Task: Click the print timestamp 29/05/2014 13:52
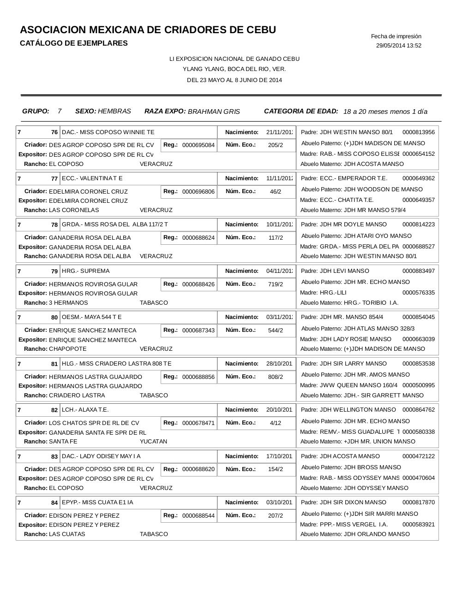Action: [398, 46]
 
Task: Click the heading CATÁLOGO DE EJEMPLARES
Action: [74, 43]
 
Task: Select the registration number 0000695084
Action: [198, 145]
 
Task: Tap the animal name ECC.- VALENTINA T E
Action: [92, 178]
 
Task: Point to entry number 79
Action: [54, 271]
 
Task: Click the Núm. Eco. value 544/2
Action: [276, 330]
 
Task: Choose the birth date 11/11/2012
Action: [279, 178]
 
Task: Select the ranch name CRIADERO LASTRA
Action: [77, 395]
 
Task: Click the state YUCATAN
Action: [153, 442]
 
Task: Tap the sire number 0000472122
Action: [418, 456]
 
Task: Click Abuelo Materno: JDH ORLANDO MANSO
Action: [355, 534]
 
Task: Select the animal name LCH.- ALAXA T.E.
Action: [85, 410]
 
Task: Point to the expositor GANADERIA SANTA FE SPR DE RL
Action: [97, 432]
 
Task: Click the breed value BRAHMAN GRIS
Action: [214, 112]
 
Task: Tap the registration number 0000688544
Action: [198, 516]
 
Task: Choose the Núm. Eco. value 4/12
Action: [276, 423]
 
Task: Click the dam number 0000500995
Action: [418, 385]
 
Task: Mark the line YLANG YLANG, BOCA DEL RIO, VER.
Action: [234, 69]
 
